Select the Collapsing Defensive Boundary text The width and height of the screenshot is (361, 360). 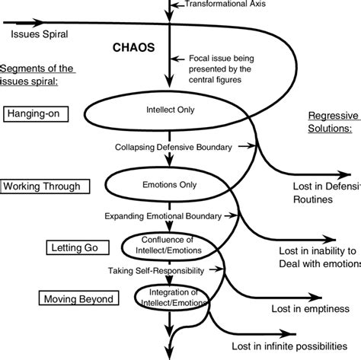coord(175,145)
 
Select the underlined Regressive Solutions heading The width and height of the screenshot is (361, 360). coord(334,124)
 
